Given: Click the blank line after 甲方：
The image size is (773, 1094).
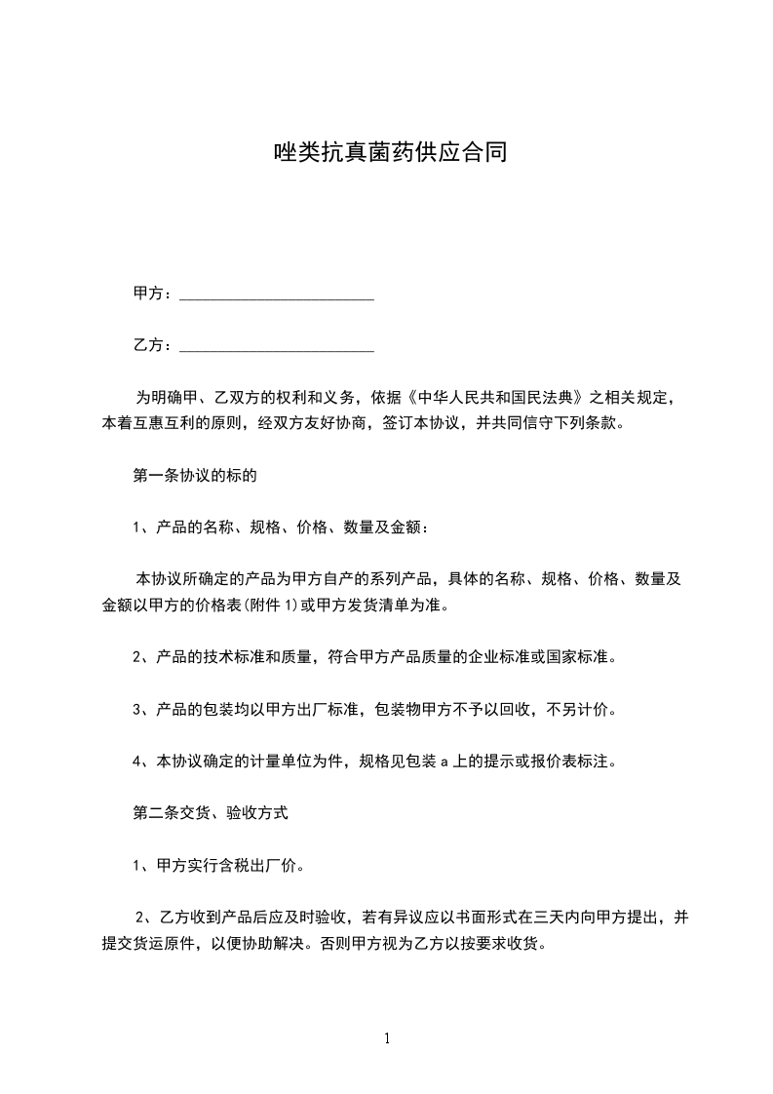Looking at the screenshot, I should coord(278,293).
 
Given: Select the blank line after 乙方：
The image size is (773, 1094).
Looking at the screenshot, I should coord(278,345).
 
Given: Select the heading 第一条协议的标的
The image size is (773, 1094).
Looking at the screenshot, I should coord(194,477).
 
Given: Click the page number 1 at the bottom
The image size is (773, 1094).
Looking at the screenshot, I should coord(387,1038).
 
